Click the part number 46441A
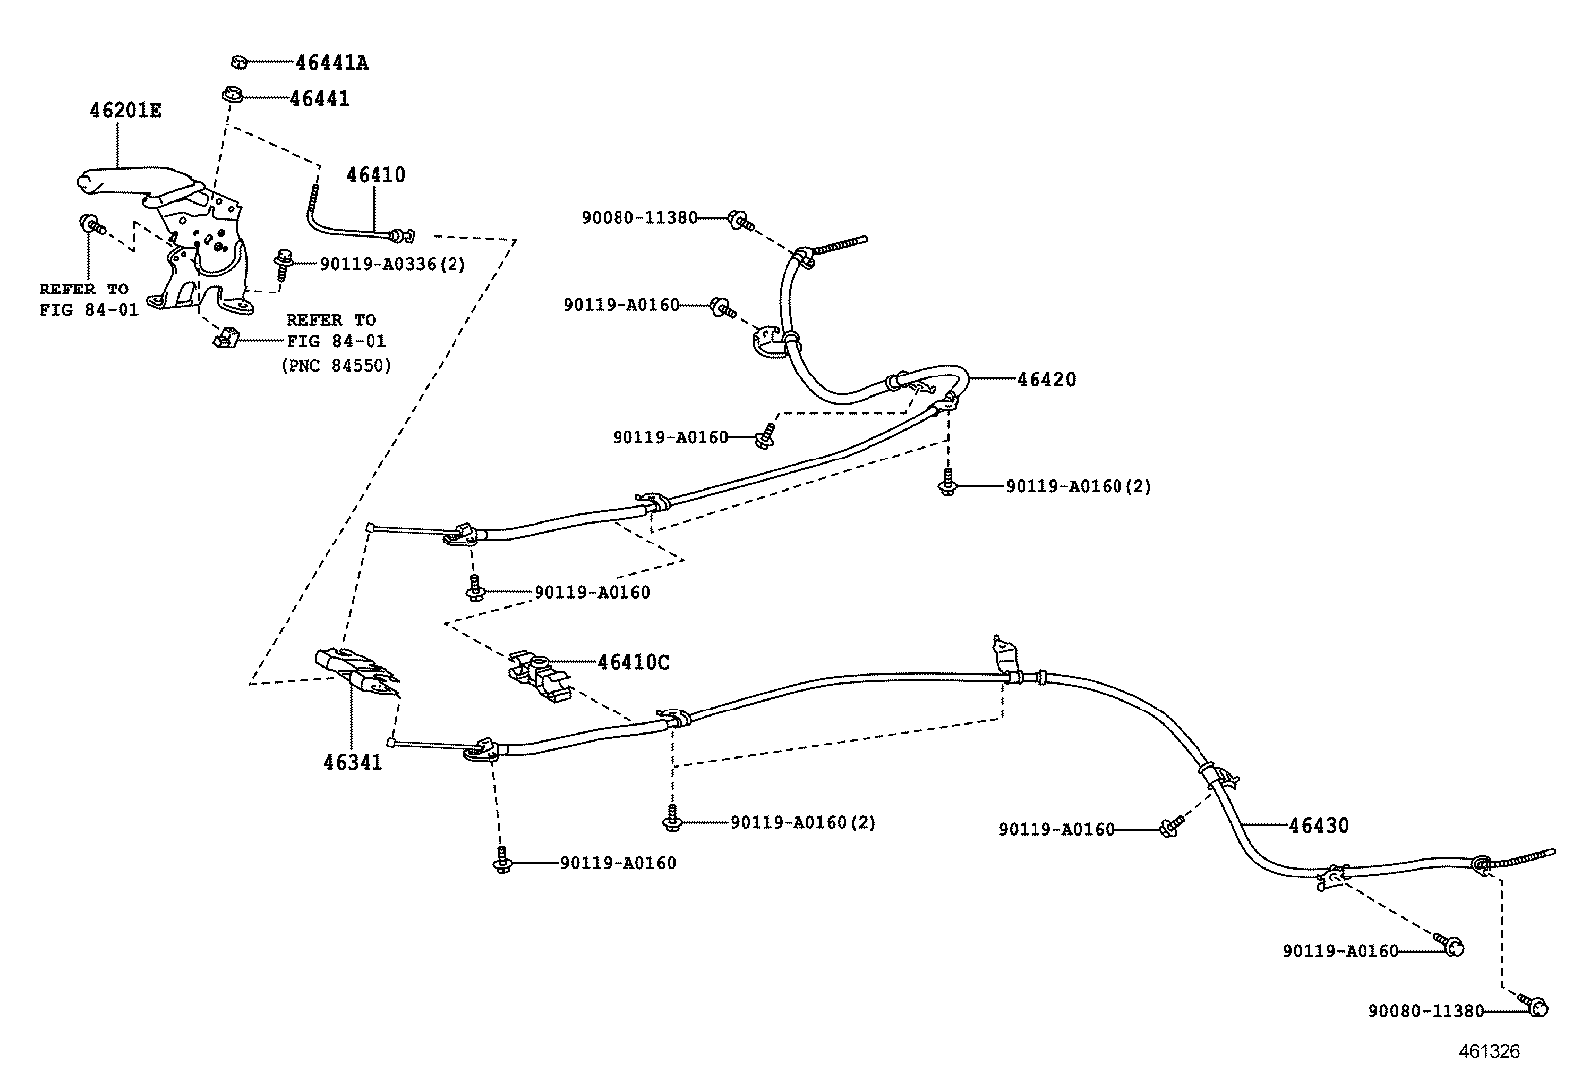pos(332,63)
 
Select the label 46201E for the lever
pos(124,110)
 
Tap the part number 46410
pos(375,175)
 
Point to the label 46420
pos(1046,379)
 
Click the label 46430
pos(1318,825)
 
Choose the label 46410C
pos(632,662)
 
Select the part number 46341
pos(352,762)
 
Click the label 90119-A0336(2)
pos(392,264)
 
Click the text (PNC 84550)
pos(337,365)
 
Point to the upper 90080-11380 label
pos(639,217)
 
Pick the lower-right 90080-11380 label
pos(1427,1010)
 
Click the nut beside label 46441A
pos(238,62)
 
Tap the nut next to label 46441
pos(230,97)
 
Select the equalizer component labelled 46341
pos(356,670)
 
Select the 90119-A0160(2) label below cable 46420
pos(1078,486)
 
